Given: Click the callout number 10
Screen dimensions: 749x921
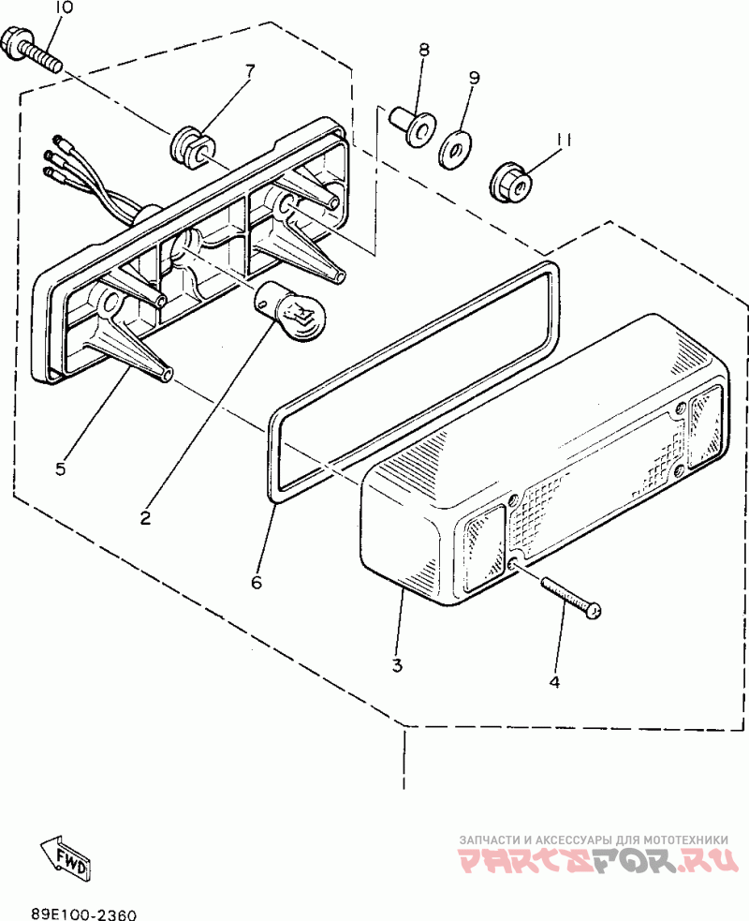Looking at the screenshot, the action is [63, 8].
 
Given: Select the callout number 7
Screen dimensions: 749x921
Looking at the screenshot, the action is [250, 71].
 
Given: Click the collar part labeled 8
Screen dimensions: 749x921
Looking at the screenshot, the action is [414, 125].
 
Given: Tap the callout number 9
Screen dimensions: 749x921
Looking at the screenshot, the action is [474, 78].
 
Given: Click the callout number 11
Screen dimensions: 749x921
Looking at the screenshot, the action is [562, 139].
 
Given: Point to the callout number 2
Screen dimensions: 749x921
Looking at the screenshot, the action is [146, 517].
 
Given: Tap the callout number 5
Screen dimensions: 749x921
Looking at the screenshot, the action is [60, 469].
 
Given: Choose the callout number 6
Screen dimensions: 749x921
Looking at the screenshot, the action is [257, 582].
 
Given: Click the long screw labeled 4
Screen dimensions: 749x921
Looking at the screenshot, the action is [567, 596].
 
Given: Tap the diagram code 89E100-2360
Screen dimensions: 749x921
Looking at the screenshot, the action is [83, 912].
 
